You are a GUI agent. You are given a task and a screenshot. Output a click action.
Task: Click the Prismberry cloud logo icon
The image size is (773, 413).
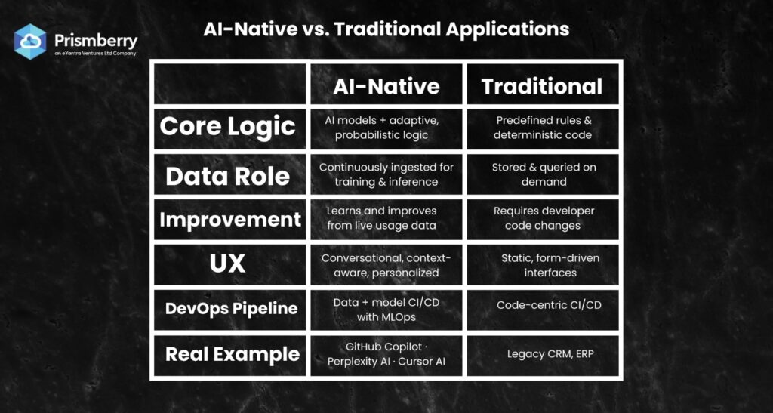(30, 42)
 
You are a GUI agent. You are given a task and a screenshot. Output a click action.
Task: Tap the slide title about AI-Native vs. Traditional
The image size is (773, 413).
(386, 29)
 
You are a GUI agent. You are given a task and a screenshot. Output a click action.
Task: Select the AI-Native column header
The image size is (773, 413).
(386, 86)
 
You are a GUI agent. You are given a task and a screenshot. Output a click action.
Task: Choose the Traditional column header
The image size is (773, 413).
(542, 86)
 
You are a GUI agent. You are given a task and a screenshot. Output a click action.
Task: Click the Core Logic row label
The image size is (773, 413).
(228, 127)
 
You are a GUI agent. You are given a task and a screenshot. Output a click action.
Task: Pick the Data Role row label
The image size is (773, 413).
(228, 177)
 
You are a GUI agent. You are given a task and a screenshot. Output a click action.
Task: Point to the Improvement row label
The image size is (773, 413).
(230, 219)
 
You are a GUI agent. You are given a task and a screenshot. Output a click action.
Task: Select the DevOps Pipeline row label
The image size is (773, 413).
(231, 309)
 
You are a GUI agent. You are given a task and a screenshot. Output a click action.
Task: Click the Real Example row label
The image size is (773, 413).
(233, 354)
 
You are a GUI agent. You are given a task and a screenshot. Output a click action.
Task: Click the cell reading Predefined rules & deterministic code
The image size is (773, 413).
(543, 127)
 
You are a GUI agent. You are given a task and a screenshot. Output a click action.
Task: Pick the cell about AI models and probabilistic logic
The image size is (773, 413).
(386, 127)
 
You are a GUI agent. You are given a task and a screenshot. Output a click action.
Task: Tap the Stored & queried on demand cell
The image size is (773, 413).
(543, 174)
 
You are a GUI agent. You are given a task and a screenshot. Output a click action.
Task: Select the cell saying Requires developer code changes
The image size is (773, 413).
(543, 218)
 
